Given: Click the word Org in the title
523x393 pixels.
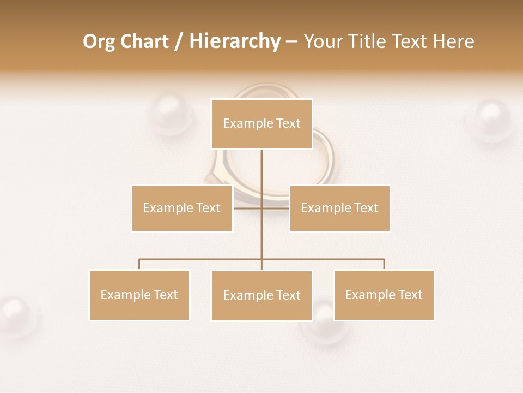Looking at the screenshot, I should [99, 41].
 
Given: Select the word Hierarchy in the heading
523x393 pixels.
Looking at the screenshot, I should [235, 41].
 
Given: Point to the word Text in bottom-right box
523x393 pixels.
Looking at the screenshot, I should [410, 295].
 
